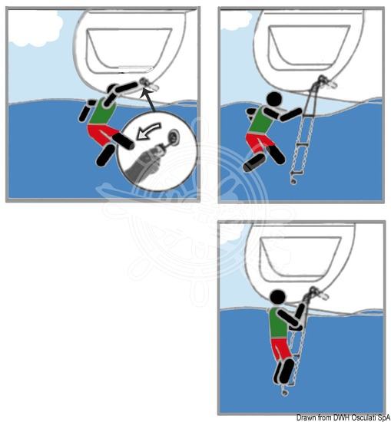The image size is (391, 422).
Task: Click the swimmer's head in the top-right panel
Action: pos(273,100)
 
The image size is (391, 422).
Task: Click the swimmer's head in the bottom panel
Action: pos(277,298)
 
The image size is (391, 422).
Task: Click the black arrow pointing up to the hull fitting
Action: pos(150,101)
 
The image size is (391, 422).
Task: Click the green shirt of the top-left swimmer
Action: pos(102,112)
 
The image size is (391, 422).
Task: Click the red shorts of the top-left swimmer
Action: pos(102,133)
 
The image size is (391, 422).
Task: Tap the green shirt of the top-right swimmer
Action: pos(261,120)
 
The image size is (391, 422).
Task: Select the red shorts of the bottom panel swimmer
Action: pos(281,349)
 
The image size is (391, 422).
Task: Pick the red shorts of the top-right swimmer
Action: pos(258,142)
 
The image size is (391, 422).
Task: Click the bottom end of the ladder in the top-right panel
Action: pos(293,181)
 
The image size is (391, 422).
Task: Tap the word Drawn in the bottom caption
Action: pos(303,417)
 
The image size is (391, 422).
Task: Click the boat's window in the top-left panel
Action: pos(129,51)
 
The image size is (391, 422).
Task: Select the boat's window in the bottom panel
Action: pos(300,259)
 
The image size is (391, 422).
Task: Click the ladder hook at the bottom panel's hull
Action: pos(315,292)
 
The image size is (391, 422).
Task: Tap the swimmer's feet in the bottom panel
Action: pos(283,371)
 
